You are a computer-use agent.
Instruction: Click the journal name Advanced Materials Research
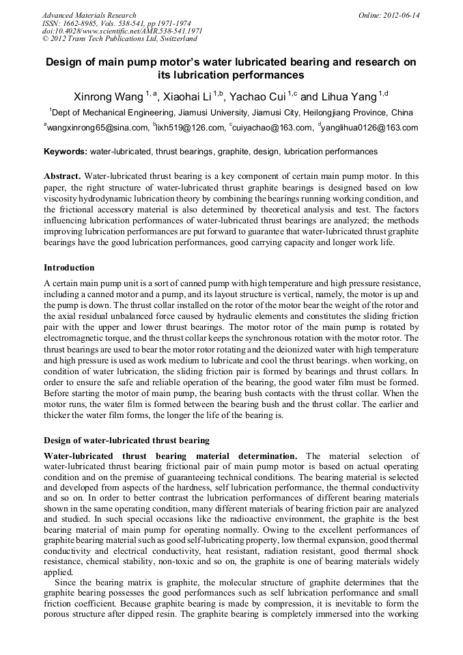tap(89, 15)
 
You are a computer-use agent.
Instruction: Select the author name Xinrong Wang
tap(106, 96)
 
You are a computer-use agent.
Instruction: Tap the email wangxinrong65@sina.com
tap(98, 128)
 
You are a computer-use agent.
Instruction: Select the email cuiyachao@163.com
tap(271, 128)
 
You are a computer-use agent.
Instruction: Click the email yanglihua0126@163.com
tap(369, 128)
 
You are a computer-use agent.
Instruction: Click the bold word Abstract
tap(62, 176)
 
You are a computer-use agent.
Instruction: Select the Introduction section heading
tap(69, 267)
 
